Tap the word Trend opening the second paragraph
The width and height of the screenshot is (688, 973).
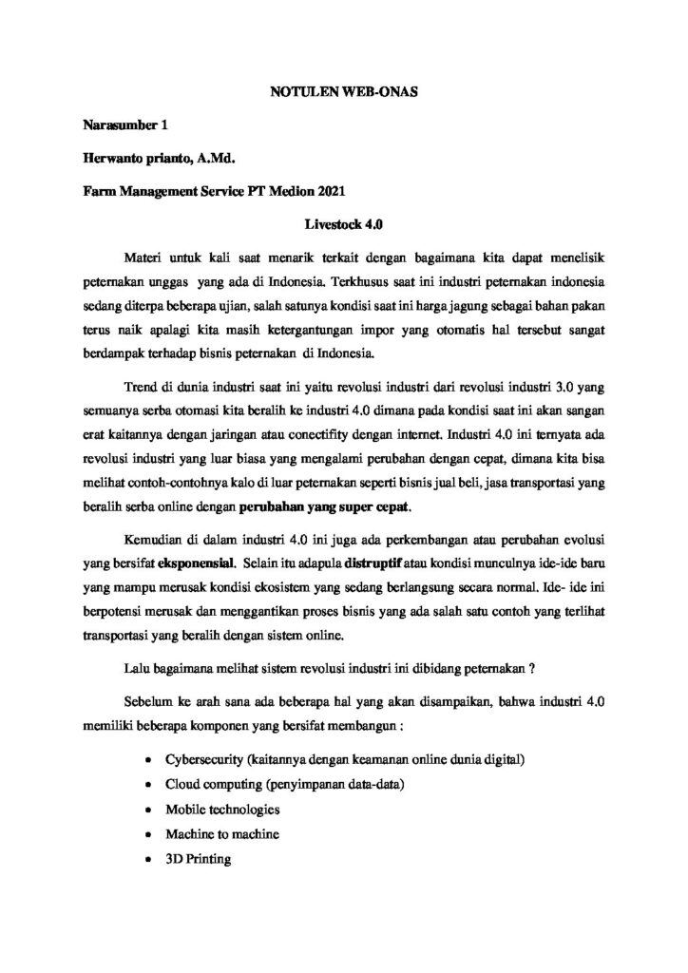143,389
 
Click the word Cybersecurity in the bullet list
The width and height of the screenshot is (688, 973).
208,761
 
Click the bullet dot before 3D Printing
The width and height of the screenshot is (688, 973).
147,860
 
